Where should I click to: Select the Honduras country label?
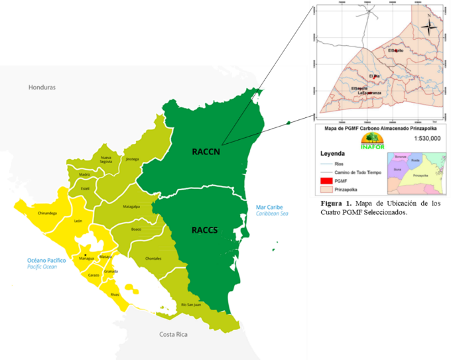click(x=42, y=88)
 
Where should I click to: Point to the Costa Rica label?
click(x=175, y=335)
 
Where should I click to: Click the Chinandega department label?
click(x=48, y=213)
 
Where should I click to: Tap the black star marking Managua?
click(x=86, y=254)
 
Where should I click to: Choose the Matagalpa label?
click(x=131, y=207)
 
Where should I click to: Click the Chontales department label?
click(x=154, y=258)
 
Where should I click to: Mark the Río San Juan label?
click(x=191, y=304)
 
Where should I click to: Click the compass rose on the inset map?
click(x=429, y=27)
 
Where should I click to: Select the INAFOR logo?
click(x=373, y=140)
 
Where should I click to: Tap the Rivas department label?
click(x=114, y=294)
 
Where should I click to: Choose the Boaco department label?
click(x=137, y=229)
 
